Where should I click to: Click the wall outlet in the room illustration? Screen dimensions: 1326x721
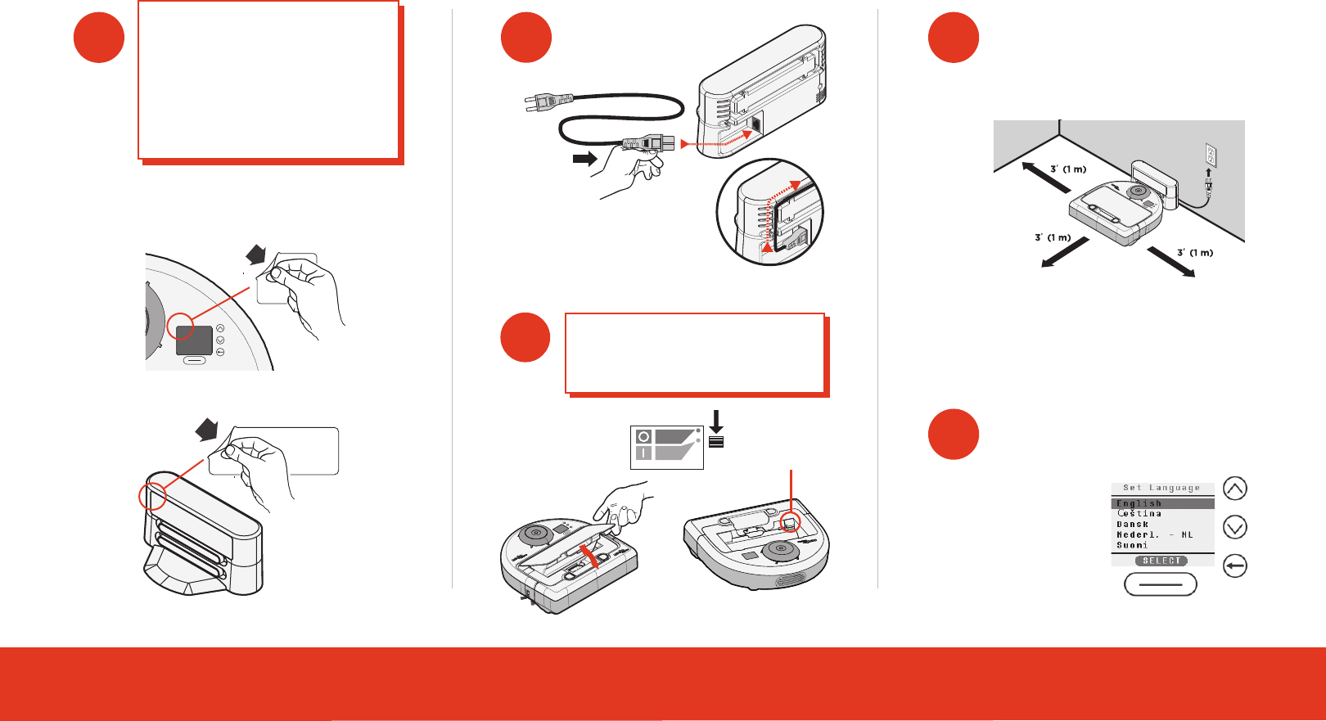(x=1211, y=155)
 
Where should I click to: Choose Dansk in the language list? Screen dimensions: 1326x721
(x=1133, y=525)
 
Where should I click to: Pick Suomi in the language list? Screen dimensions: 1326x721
(x=1132, y=545)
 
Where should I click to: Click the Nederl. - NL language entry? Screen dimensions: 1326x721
(x=1154, y=534)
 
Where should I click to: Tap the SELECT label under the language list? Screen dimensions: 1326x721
(x=1161, y=561)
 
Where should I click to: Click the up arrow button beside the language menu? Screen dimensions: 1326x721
(x=1235, y=489)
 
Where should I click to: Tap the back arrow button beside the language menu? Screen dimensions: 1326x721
(x=1235, y=566)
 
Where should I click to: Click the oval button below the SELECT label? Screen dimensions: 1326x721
(x=1161, y=584)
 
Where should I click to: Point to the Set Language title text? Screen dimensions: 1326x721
(x=1161, y=488)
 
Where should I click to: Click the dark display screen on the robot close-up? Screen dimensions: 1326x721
(x=194, y=340)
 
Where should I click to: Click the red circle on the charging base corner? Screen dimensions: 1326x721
(x=151, y=496)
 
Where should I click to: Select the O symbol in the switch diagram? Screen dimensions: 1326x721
(x=643, y=437)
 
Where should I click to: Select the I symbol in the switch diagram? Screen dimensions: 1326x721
(x=643, y=453)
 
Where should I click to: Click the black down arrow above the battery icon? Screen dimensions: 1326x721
(x=716, y=421)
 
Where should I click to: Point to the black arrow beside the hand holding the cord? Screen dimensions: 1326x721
(x=585, y=159)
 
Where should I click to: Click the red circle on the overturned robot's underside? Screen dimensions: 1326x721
(x=791, y=522)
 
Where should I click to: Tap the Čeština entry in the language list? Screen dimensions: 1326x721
(x=1139, y=514)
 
